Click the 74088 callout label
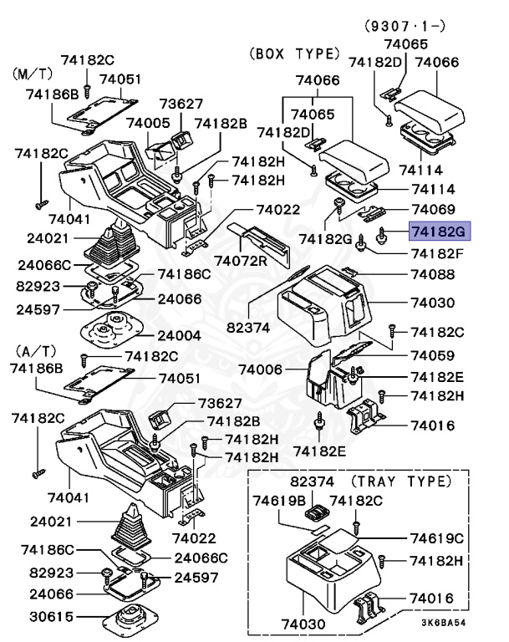(432, 275)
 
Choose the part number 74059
(432, 354)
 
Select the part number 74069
(432, 210)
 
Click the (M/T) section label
(32, 74)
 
